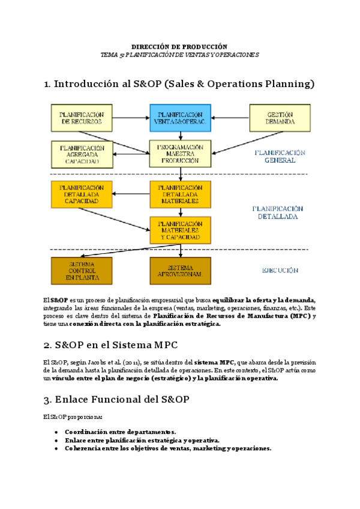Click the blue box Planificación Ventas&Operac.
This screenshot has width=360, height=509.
(180, 118)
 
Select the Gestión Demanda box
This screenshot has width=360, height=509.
(280, 118)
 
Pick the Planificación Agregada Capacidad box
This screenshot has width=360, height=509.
(82, 154)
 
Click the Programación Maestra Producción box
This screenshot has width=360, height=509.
(180, 154)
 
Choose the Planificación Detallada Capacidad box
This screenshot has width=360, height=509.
(82, 194)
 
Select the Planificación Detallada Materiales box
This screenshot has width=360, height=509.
(180, 194)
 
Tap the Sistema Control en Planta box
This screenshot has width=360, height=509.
(82, 270)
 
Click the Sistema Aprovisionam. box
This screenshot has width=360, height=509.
(180, 270)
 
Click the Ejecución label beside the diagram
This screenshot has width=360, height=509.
(280, 271)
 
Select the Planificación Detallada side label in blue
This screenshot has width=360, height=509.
(278, 212)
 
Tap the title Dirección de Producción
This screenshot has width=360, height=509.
(179, 46)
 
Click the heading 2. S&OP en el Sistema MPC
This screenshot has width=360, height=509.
(110, 345)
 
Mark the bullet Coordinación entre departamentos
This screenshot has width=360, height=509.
(120, 432)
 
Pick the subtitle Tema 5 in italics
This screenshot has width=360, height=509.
(179, 55)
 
